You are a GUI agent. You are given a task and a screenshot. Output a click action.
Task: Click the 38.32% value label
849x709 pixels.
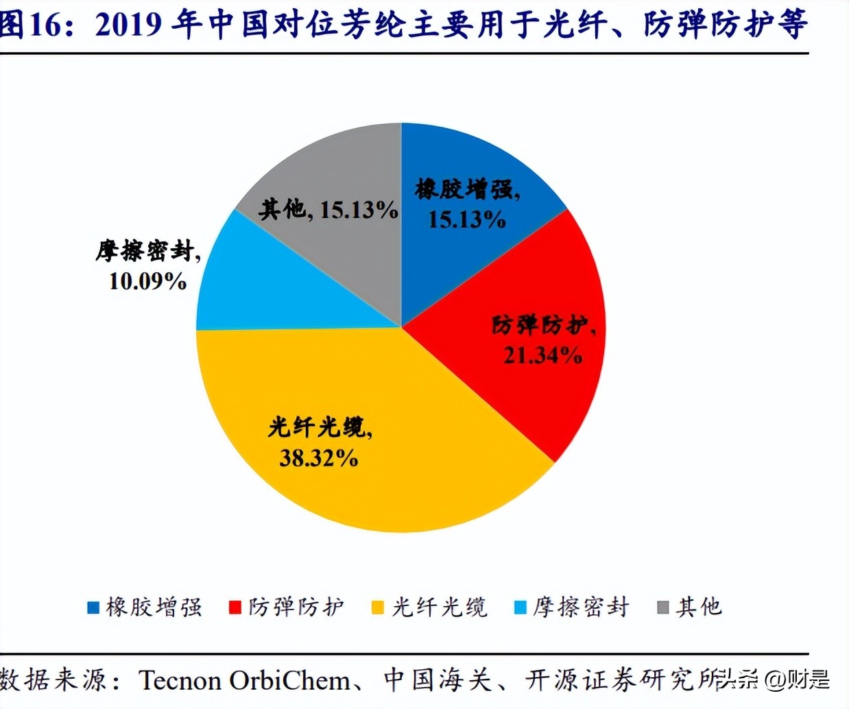pyautogui.click(x=318, y=458)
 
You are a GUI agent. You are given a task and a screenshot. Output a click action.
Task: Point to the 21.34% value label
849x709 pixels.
pyautogui.click(x=542, y=355)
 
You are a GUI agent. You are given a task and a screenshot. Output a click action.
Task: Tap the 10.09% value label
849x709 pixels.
pyautogui.click(x=147, y=280)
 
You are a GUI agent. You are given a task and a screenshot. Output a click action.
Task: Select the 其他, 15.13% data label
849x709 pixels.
pyautogui.click(x=328, y=209)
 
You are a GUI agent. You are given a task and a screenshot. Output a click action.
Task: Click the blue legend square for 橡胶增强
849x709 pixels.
pyautogui.click(x=94, y=608)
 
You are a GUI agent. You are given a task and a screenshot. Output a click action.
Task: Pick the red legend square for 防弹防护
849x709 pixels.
pyautogui.click(x=235, y=608)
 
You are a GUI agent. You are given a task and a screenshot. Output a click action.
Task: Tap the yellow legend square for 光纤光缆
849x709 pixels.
pyautogui.click(x=378, y=608)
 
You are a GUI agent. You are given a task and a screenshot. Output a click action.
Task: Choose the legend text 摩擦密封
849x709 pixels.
pyautogui.click(x=581, y=608)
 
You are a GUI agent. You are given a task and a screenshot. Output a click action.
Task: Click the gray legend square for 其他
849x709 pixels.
pyautogui.click(x=663, y=608)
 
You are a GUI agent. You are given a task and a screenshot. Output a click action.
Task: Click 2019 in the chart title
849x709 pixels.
pyautogui.click(x=129, y=25)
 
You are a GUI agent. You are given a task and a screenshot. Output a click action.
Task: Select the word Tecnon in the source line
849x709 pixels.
pyautogui.click(x=180, y=680)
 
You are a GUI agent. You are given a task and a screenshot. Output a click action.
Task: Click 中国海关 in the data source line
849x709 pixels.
pyautogui.click(x=438, y=680)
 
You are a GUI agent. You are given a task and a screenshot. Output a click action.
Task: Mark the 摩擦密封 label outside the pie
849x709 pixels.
pyautogui.click(x=146, y=251)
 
